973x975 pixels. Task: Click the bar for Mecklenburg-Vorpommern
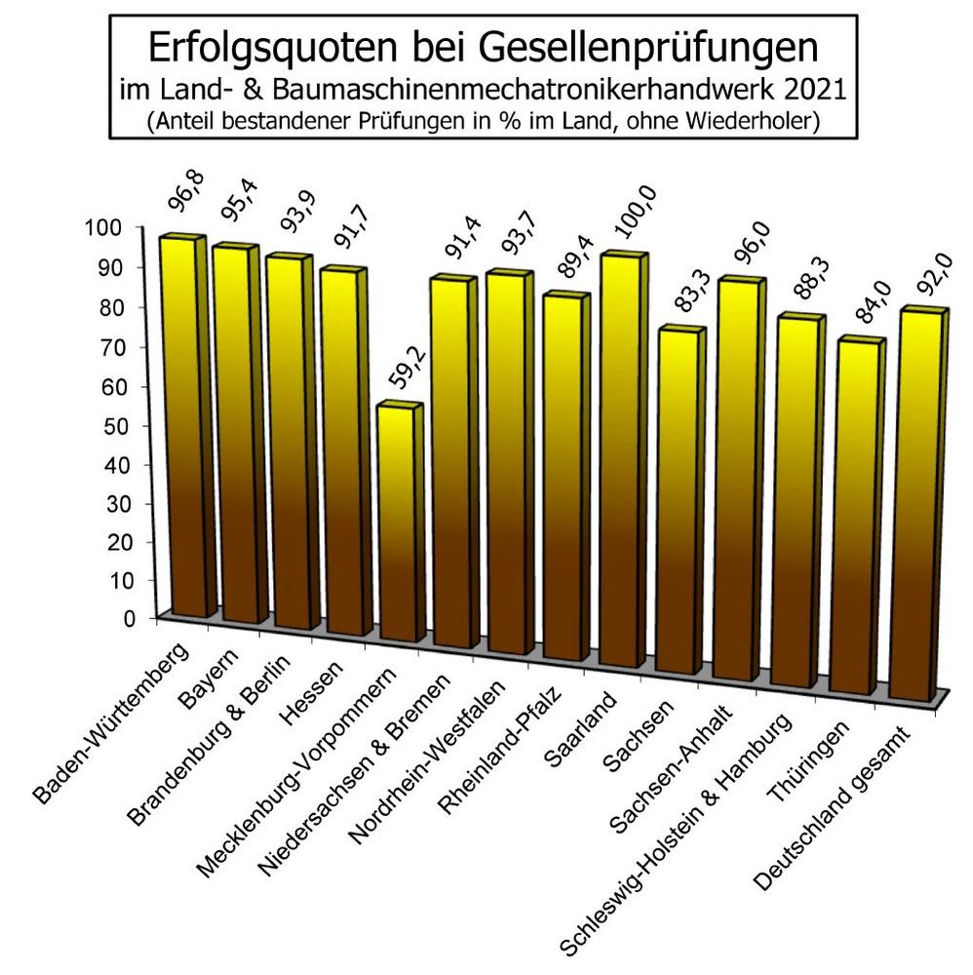400,526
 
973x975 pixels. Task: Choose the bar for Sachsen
676,502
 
